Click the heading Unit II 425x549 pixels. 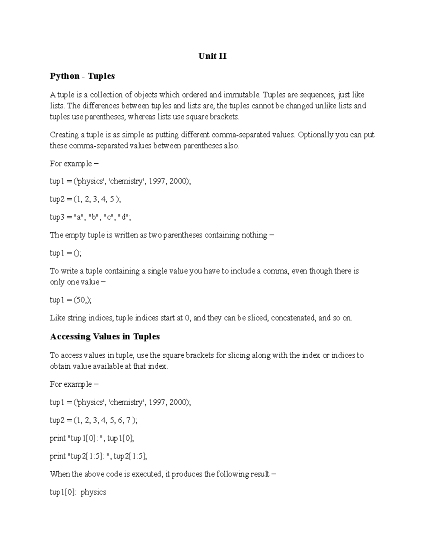212,56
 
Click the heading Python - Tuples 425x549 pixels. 82,76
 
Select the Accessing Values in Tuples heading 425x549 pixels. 105,337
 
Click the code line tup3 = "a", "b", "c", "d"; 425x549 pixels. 90,217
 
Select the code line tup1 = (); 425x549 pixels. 66,253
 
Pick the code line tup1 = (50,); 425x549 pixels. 71,300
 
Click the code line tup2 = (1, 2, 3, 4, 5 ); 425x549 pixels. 85,199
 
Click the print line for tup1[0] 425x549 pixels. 92,438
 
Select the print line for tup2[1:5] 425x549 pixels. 98,456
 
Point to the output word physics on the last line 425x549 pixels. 93,492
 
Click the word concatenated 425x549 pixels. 293,318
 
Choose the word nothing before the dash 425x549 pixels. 254,235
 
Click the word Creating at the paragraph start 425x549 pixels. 64,135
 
